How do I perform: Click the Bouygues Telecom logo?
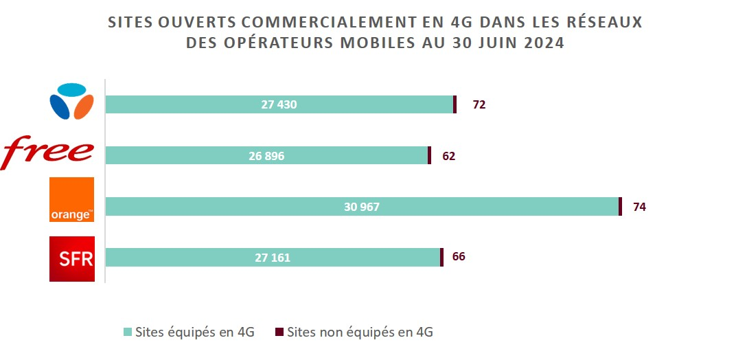tap(71, 102)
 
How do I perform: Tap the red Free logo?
tap(48, 153)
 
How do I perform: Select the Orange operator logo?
tap(71, 200)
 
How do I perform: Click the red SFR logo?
tap(71, 258)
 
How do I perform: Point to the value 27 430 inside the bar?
tap(279, 104)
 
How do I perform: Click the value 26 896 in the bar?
tap(266, 156)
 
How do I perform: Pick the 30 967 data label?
tap(362, 207)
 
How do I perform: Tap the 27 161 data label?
tap(273, 258)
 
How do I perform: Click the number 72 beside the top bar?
tap(479, 104)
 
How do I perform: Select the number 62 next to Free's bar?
tap(449, 156)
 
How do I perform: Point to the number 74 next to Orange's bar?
tap(639, 207)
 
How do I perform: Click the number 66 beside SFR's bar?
tap(459, 257)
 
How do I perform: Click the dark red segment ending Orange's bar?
tap(620, 207)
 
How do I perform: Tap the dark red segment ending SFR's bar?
tap(441, 258)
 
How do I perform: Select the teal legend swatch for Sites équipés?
tap(127, 333)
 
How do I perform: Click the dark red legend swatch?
tap(279, 333)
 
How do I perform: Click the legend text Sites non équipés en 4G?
tap(360, 333)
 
